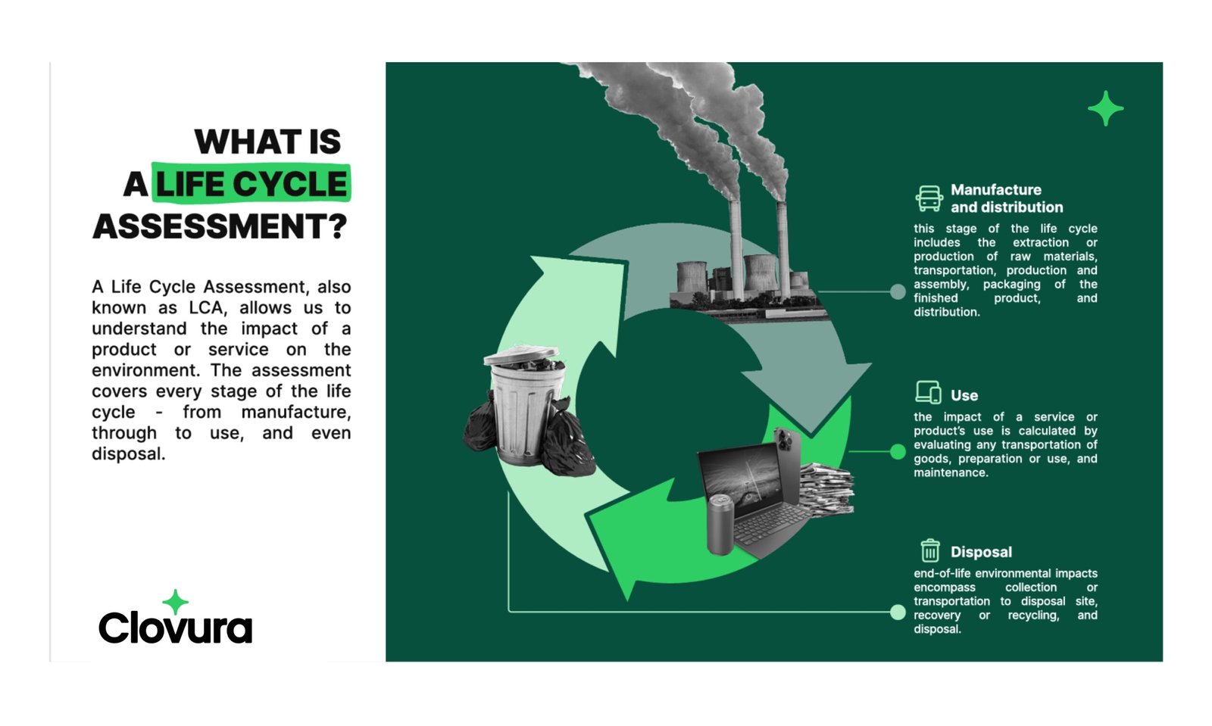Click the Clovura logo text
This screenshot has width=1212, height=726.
[175, 627]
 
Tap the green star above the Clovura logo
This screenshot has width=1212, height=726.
[175, 602]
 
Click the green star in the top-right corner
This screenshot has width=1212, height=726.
[1105, 109]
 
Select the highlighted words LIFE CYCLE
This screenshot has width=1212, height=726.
[251, 184]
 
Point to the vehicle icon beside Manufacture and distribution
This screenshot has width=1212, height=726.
[929, 198]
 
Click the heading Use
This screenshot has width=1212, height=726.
[964, 396]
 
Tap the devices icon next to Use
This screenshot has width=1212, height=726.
[929, 392]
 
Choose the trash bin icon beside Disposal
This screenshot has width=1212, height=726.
[930, 551]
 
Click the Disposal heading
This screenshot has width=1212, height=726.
[981, 552]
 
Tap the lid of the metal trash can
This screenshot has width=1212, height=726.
[521, 354]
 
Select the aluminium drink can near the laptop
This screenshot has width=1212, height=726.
[720, 525]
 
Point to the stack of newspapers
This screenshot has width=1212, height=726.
[826, 489]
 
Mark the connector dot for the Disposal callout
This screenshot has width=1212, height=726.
[898, 612]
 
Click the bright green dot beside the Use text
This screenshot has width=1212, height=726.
[898, 451]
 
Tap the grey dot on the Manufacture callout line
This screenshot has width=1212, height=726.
[898, 292]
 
